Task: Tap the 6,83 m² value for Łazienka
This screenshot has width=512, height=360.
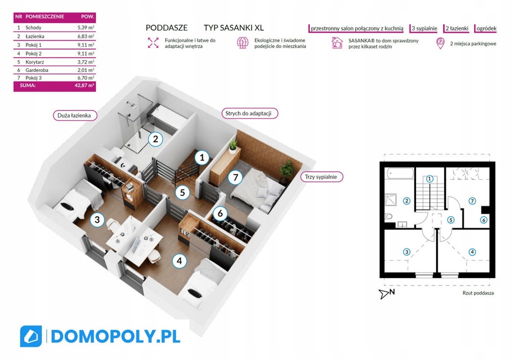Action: (x=85, y=36)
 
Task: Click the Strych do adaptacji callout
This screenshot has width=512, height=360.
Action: (x=248, y=113)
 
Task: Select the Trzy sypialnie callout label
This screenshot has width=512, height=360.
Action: (x=321, y=177)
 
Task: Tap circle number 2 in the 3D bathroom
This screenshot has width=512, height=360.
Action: (x=155, y=139)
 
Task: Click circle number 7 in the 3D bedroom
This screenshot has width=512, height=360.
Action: (x=235, y=177)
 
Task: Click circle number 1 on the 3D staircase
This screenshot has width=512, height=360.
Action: (x=201, y=158)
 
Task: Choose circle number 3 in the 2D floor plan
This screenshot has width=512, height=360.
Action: (x=406, y=252)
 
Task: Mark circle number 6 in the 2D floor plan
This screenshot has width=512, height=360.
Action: (x=483, y=220)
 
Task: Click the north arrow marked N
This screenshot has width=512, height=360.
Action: (x=387, y=293)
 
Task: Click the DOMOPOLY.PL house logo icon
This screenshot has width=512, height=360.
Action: (x=31, y=336)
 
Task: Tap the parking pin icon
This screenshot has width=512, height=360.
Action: (x=441, y=43)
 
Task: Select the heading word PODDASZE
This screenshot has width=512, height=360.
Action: (x=166, y=28)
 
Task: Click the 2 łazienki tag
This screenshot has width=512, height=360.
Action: (x=456, y=28)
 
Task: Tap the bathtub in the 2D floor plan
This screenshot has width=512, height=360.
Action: (x=400, y=174)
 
